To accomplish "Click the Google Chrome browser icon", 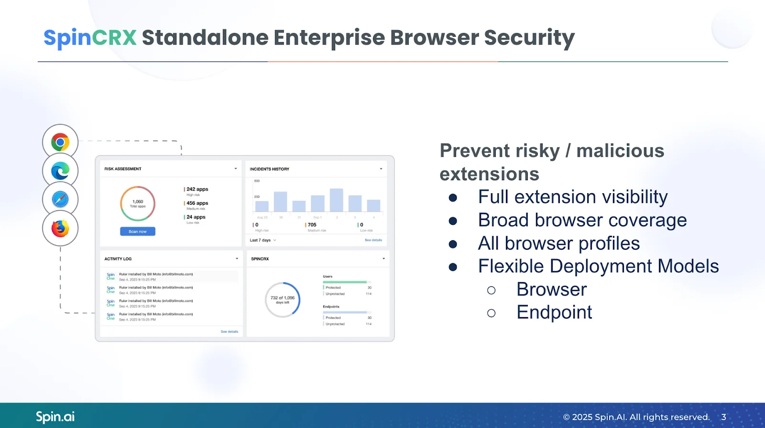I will [x=60, y=142].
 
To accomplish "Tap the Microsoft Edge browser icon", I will [x=60, y=171].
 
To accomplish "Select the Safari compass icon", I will [x=60, y=199].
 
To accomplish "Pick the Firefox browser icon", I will [x=60, y=228].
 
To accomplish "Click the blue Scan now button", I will [x=138, y=231].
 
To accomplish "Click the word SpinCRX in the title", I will [x=90, y=37].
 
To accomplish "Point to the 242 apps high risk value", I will [x=197, y=189].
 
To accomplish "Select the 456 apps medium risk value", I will [x=197, y=203].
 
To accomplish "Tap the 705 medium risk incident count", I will [x=312, y=225].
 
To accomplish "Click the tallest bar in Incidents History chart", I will [x=336, y=200].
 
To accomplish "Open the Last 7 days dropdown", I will [x=263, y=240].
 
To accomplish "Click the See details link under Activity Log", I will [x=229, y=331].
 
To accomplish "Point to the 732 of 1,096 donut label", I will [x=283, y=299].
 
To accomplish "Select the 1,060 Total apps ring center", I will [x=138, y=203].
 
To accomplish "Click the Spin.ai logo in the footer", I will [x=55, y=417].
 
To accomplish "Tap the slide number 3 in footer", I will [x=723, y=417].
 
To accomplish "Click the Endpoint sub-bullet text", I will [x=554, y=312].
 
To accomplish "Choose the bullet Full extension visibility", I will [x=572, y=197].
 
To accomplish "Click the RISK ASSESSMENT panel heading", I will [x=123, y=169].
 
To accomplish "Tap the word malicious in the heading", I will [x=620, y=151].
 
